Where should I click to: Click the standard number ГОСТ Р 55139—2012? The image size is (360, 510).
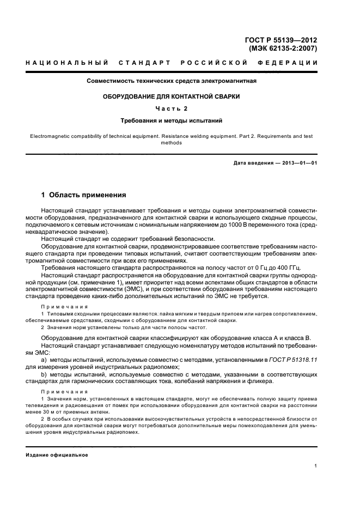[x=283, y=40]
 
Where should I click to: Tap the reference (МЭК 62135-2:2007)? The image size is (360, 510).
[x=283, y=48]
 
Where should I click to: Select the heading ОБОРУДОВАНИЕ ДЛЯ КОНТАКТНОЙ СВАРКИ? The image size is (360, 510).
[x=172, y=96]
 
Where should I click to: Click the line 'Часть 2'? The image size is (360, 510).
[x=172, y=108]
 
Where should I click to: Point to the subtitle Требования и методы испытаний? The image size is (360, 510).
[x=172, y=120]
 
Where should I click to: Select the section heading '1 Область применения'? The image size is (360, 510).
[x=84, y=194]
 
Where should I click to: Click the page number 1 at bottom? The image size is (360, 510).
[x=316, y=466]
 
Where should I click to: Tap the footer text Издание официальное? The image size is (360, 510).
[x=57, y=454]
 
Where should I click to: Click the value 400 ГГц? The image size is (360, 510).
[x=283, y=267]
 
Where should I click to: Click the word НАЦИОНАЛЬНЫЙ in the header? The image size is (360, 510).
[x=67, y=64]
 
